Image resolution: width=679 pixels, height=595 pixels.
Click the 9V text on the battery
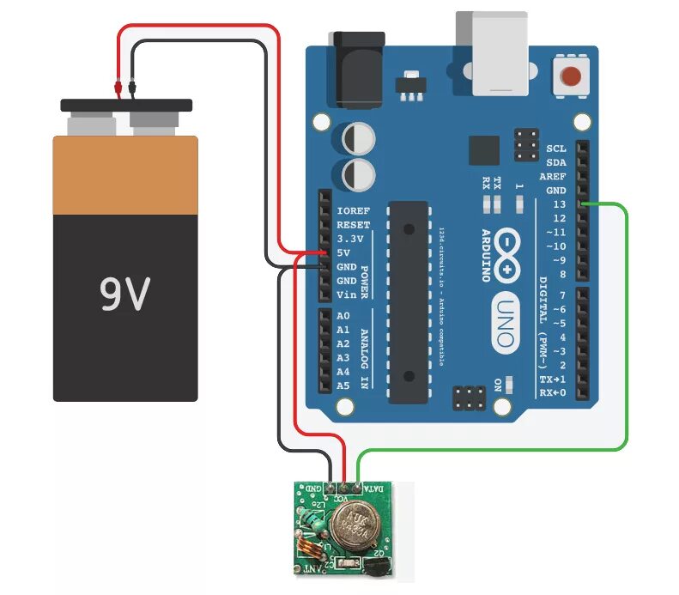125,294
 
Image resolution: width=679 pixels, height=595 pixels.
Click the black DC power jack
353,64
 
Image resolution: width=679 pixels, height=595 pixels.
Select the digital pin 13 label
560,204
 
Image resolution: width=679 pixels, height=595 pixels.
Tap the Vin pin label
347,294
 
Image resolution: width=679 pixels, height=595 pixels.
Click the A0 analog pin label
343,316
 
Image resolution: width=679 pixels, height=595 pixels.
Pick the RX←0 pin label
552,392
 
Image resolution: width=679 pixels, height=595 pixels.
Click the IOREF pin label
354,211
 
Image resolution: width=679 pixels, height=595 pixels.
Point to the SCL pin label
556,149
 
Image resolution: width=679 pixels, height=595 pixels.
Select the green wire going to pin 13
627,326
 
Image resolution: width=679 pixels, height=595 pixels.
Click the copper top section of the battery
124,175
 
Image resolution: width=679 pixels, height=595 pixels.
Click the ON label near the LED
497,385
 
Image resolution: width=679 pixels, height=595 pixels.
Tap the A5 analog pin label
343,386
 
